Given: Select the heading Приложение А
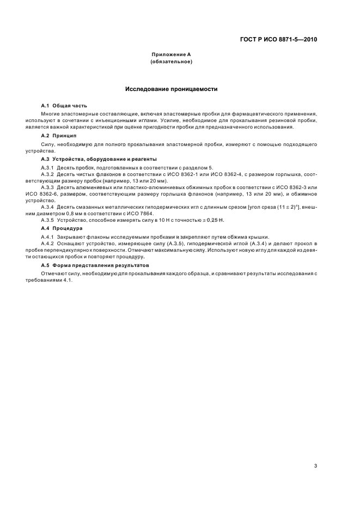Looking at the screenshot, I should point(171,55).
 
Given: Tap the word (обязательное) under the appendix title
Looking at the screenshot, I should point(171,62).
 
